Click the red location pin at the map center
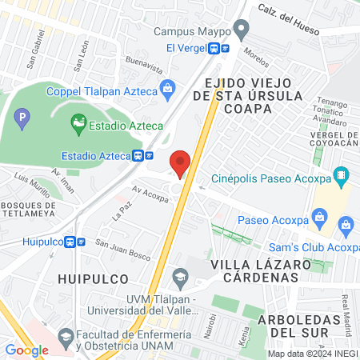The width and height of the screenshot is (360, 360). [x=181, y=163]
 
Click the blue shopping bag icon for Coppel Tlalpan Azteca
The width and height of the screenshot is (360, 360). [x=167, y=87]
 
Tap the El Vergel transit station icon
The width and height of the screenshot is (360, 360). [x=219, y=48]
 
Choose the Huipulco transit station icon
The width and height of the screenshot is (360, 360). [x=77, y=241]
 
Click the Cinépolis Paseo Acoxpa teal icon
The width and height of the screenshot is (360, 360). [x=342, y=174]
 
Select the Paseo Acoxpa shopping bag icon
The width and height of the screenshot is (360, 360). [x=319, y=217]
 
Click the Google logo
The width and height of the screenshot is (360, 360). [x=26, y=350]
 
